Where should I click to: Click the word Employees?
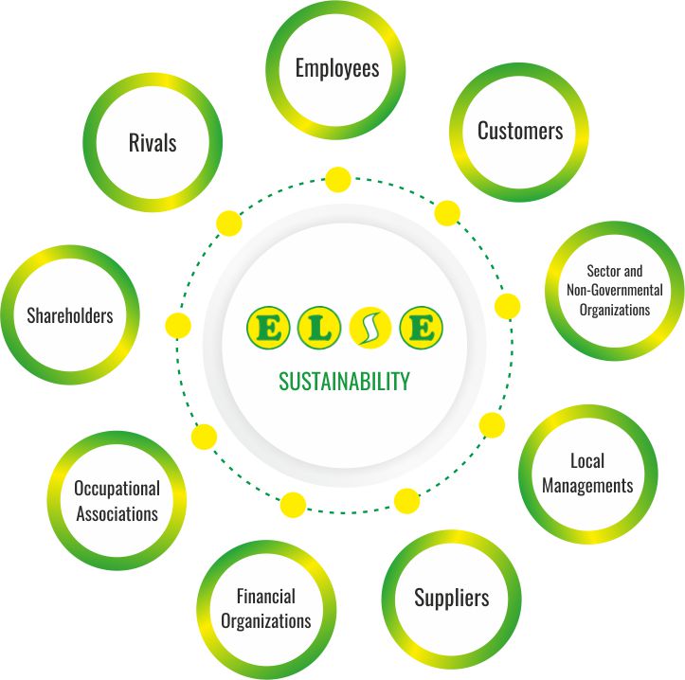click(336, 68)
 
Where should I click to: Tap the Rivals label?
click(153, 143)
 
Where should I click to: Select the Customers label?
click(519, 131)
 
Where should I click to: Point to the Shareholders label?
click(70, 315)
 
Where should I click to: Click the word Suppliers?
click(451, 598)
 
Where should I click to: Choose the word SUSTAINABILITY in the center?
click(344, 382)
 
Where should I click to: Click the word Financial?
click(266, 597)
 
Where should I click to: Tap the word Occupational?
click(117, 490)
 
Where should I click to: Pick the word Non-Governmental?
click(614, 290)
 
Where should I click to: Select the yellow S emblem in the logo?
click(370, 329)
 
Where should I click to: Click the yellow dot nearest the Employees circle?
click(337, 178)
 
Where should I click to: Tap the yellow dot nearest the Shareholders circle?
click(177, 326)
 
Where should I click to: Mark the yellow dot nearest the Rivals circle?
click(229, 224)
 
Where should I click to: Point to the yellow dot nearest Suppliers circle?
click(406, 500)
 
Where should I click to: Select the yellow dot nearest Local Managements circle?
click(492, 424)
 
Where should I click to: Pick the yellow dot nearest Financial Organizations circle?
click(294, 504)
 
